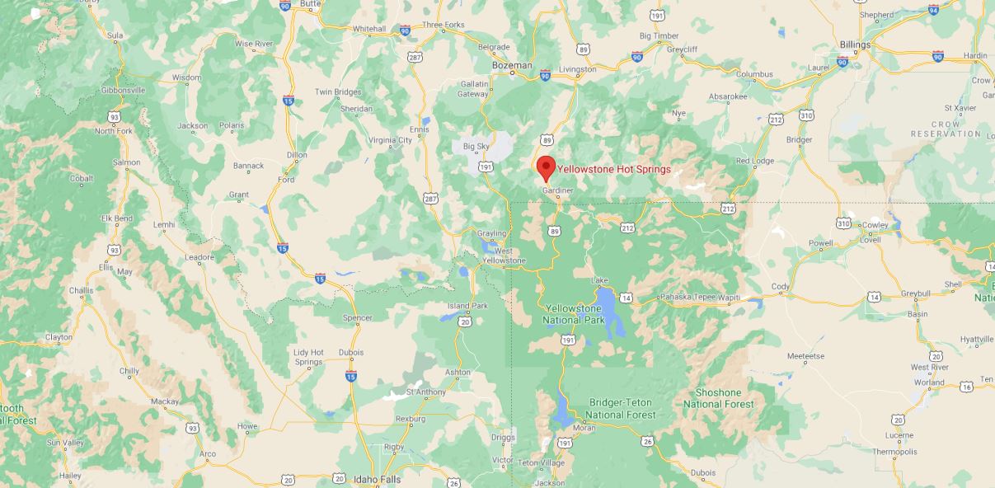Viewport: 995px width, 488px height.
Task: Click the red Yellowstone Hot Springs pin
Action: click(545, 167)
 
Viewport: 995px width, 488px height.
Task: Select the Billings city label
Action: click(855, 45)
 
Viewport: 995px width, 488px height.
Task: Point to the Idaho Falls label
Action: click(377, 479)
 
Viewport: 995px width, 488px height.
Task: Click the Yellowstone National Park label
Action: click(575, 313)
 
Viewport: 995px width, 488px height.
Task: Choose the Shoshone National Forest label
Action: click(718, 398)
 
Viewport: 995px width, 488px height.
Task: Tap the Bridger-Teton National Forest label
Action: click(620, 408)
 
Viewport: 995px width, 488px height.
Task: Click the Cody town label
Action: click(780, 287)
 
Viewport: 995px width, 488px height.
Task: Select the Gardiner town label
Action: click(557, 190)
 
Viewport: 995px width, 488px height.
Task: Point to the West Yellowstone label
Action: click(504, 256)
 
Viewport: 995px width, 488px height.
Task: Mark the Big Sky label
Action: click(476, 146)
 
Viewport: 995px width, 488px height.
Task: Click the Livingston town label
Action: click(577, 69)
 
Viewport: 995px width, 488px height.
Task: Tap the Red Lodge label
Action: click(755, 161)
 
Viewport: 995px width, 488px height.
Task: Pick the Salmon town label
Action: click(126, 162)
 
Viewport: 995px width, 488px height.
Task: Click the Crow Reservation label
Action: click(946, 129)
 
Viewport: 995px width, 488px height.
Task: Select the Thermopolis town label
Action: click(894, 452)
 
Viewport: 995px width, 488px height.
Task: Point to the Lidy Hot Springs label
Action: click(308, 357)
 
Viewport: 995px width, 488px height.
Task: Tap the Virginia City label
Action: click(390, 140)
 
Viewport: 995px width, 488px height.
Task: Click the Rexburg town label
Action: click(411, 419)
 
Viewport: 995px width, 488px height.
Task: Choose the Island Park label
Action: click(467, 306)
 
